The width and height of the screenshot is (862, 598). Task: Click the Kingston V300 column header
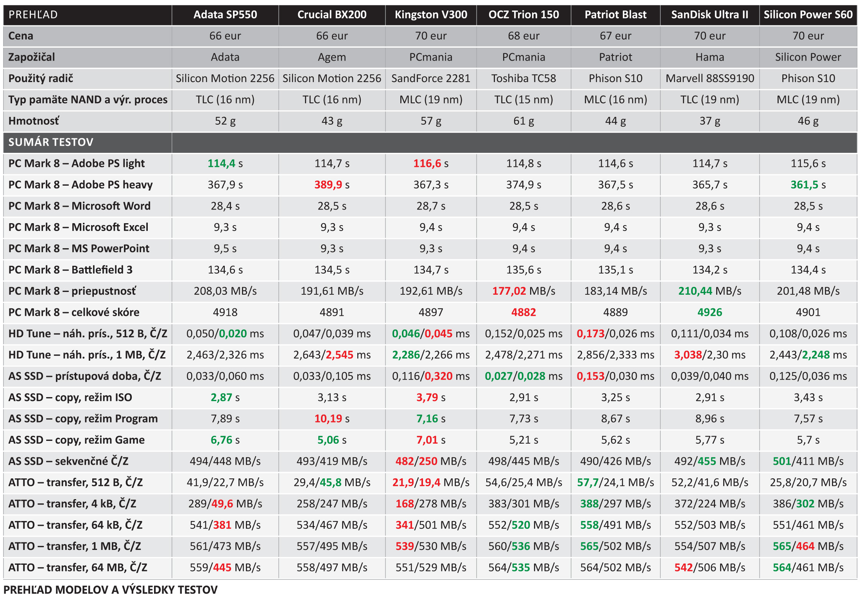click(x=431, y=15)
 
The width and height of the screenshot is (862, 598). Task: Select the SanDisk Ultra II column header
click(x=710, y=15)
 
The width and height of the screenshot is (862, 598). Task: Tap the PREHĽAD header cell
click(x=33, y=15)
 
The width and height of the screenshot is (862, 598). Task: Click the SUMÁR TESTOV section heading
click(x=51, y=142)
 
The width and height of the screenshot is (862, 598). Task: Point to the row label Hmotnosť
click(x=34, y=121)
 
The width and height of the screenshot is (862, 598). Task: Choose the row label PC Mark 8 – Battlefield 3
click(x=70, y=270)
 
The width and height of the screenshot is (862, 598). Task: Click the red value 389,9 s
click(x=332, y=185)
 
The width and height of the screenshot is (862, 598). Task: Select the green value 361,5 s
click(x=808, y=185)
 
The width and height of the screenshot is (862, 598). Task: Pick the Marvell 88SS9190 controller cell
click(x=710, y=79)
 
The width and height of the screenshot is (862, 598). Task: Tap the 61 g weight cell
click(x=523, y=121)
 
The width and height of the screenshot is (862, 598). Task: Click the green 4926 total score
click(x=710, y=312)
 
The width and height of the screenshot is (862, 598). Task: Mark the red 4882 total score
click(x=523, y=312)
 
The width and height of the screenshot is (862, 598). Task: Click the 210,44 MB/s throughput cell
click(x=710, y=291)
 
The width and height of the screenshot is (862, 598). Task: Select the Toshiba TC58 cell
click(x=523, y=79)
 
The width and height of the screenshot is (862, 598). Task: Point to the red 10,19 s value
click(x=332, y=419)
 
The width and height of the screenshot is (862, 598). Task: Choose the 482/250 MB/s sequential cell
click(x=431, y=461)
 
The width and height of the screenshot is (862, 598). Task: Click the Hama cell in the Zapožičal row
click(x=710, y=57)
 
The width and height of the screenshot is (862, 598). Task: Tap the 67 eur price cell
click(x=615, y=36)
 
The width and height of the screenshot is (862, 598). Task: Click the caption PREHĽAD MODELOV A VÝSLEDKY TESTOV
click(x=111, y=589)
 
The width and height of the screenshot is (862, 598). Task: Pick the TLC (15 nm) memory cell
click(x=523, y=100)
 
